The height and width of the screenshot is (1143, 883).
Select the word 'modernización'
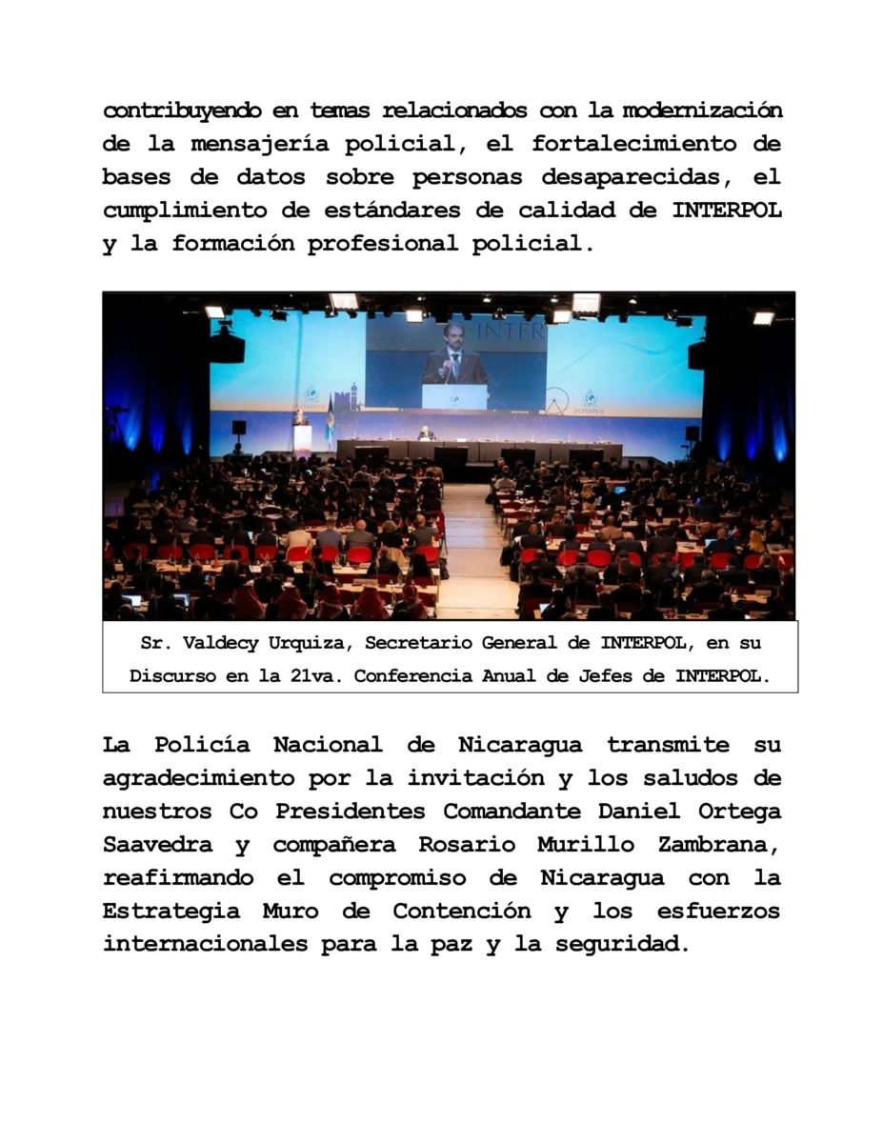coord(702,110)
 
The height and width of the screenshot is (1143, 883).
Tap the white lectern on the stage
coord(302,437)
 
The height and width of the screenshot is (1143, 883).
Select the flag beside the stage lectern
coord(330,422)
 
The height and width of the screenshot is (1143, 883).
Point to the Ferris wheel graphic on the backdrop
coord(556,399)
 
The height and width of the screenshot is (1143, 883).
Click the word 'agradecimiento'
coord(197,778)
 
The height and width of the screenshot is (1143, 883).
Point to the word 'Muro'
coord(291,912)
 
